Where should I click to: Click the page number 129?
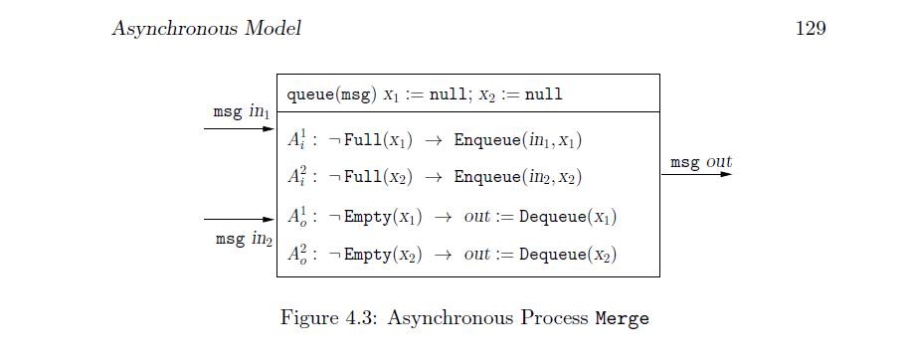coord(811,29)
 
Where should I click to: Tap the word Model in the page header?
coord(273,29)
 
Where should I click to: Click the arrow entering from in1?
coord(239,128)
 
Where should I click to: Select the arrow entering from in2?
coord(239,219)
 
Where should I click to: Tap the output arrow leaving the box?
coord(696,175)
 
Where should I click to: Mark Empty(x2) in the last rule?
coord(377,255)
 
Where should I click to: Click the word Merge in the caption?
coord(623,319)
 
